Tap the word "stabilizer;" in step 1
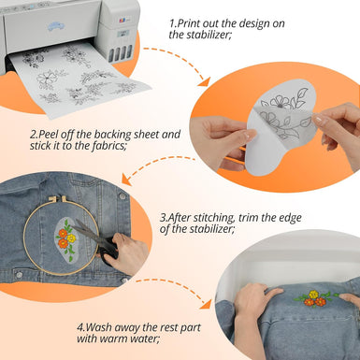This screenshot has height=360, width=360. [x=209, y=35]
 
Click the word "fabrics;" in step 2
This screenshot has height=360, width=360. [x=108, y=146]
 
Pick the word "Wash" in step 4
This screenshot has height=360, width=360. [x=98, y=327]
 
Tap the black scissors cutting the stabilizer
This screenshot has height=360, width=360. [x=94, y=240]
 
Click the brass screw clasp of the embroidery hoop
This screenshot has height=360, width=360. [x=57, y=198]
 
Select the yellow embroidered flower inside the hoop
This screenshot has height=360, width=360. [x=71, y=238]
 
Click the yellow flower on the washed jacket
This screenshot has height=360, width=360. [x=313, y=295]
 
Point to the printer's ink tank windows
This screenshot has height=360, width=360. [x=121, y=53]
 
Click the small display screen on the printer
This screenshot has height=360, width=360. [x=123, y=34]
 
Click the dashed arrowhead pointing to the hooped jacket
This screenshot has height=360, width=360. [x=126, y=180]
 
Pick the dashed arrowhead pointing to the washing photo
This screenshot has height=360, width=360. [x=206, y=304]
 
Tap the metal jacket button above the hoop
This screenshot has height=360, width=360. [x=122, y=196]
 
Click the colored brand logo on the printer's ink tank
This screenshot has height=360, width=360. [x=122, y=21]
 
